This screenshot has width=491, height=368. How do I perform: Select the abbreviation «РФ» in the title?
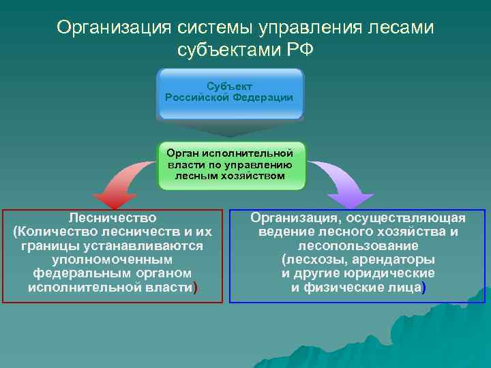point(299,50)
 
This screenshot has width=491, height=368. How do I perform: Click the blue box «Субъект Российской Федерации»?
point(229,93)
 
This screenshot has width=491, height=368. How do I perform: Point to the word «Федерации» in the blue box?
point(262,97)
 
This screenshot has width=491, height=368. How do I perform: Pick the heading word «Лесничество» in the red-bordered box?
point(113,218)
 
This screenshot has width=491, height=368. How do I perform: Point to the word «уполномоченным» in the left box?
point(113,260)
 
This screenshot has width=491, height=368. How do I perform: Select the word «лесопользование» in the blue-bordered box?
point(358,246)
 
